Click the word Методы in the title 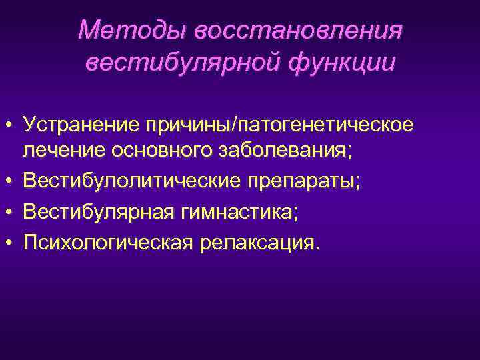131,30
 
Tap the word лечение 59,151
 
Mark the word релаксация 255,243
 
